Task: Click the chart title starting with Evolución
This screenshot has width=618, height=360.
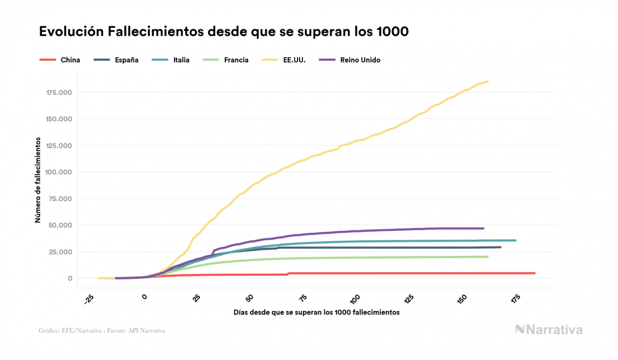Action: [x=224, y=32]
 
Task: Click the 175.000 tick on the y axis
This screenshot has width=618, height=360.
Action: [x=59, y=92]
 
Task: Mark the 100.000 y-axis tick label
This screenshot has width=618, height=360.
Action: [x=59, y=172]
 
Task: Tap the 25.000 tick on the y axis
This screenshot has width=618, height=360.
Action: [x=60, y=252]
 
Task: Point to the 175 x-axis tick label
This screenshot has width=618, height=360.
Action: [x=515, y=298]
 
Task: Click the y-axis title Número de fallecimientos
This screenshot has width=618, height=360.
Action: [x=38, y=179]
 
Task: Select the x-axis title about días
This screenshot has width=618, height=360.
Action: [x=316, y=312]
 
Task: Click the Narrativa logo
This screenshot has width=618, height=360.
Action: [x=549, y=330]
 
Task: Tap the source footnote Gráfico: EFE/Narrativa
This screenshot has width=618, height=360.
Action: [x=101, y=331]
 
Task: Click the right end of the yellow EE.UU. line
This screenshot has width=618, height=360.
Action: [x=488, y=82]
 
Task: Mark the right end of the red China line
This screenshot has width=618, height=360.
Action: [x=534, y=273]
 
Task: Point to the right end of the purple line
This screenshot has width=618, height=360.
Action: [x=483, y=229]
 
